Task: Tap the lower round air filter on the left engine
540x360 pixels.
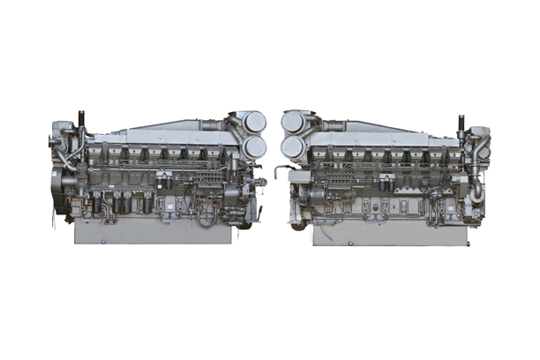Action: pyautogui.click(x=254, y=146)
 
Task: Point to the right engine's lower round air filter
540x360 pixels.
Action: pyautogui.click(x=295, y=146)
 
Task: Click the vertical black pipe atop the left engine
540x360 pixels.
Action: pyautogui.click(x=81, y=120)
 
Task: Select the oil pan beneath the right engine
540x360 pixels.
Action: pyautogui.click(x=388, y=232)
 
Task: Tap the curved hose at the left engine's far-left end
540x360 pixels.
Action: pyautogui.click(x=61, y=159)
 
